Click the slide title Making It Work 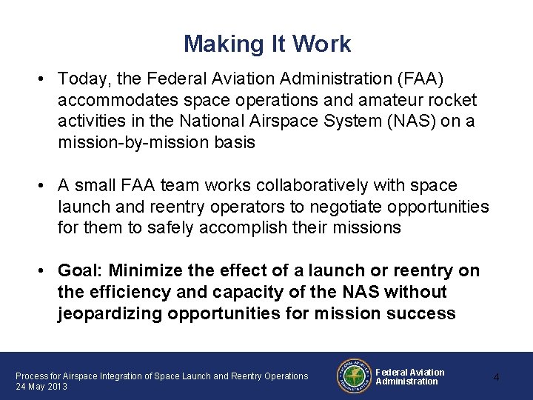pyautogui.click(x=267, y=44)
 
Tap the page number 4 pyautogui.click(x=497, y=378)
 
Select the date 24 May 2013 pyautogui.click(x=42, y=387)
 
